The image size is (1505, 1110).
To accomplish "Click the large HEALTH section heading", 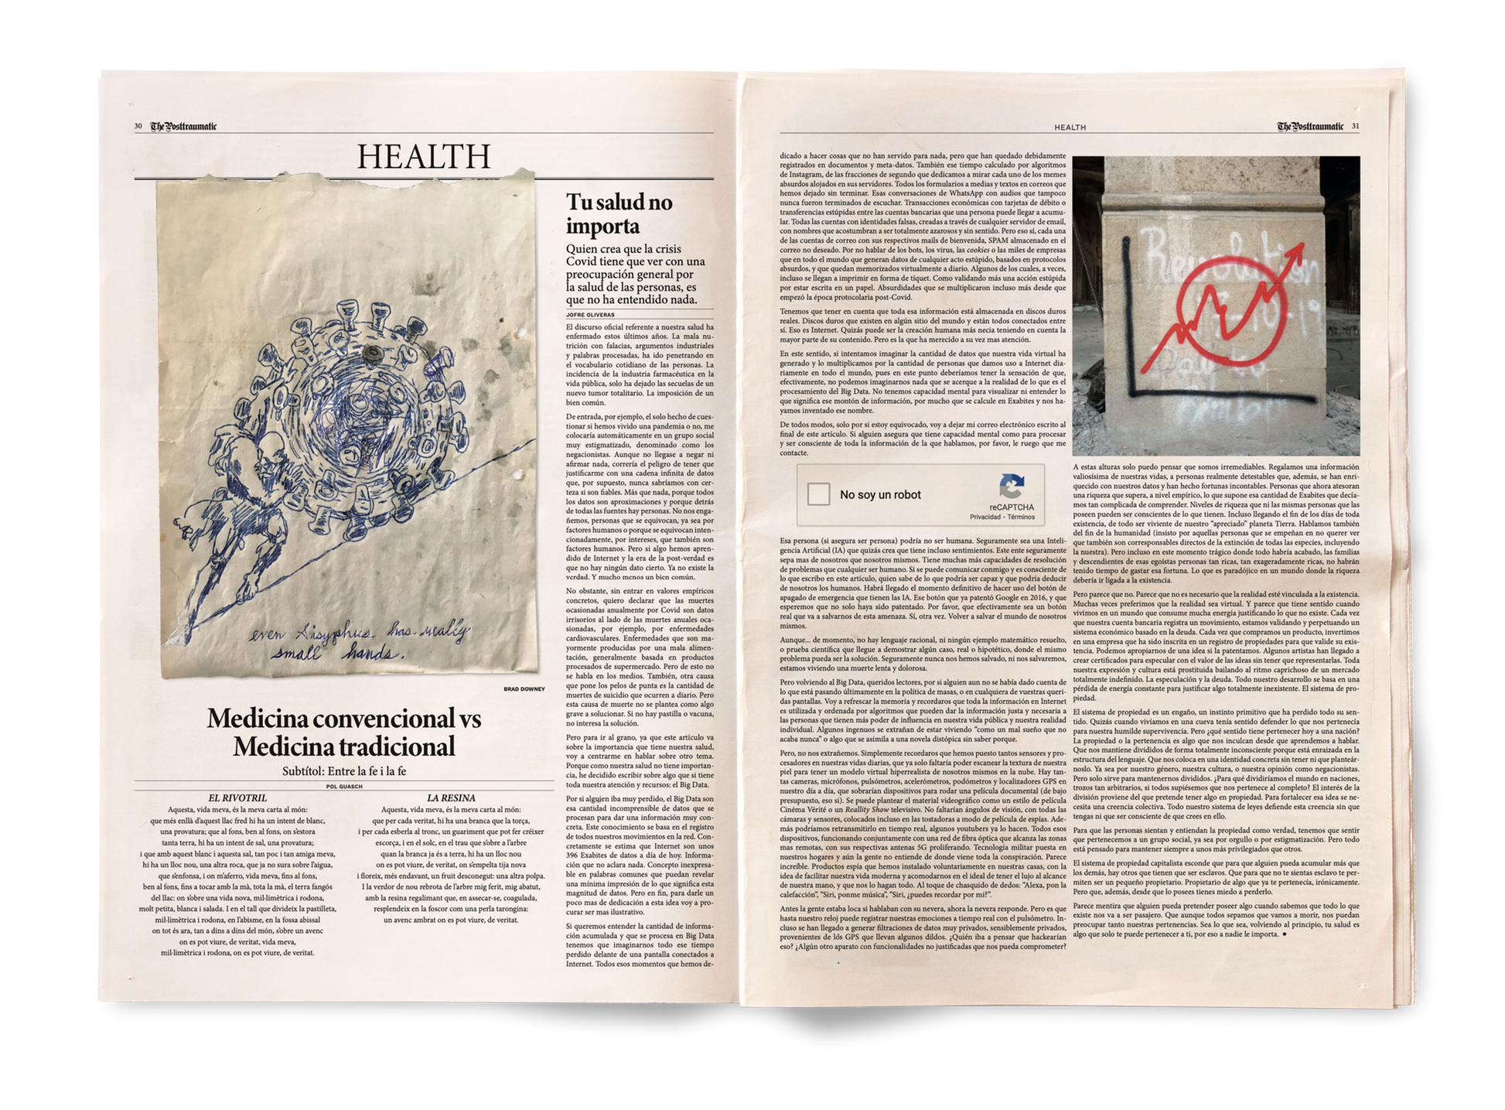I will point(423,156).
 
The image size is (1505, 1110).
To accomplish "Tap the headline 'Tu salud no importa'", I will point(619,214).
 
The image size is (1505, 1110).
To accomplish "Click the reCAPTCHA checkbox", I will point(818,494).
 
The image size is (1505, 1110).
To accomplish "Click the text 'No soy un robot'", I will point(880,495).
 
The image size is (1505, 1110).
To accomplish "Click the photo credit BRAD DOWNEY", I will point(524,688).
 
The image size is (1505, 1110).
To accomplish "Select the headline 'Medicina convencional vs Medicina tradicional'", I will point(344,732).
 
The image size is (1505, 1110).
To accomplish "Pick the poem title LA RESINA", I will point(451,797).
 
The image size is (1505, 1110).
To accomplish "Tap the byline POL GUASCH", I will point(344,786).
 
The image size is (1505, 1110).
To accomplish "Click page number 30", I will point(138,127).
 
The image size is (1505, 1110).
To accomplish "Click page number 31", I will point(1356,127).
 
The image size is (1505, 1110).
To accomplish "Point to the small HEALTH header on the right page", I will point(1070,128).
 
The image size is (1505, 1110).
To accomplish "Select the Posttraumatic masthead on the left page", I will point(183,127).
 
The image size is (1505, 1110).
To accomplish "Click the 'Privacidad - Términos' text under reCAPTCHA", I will point(1002,516).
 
